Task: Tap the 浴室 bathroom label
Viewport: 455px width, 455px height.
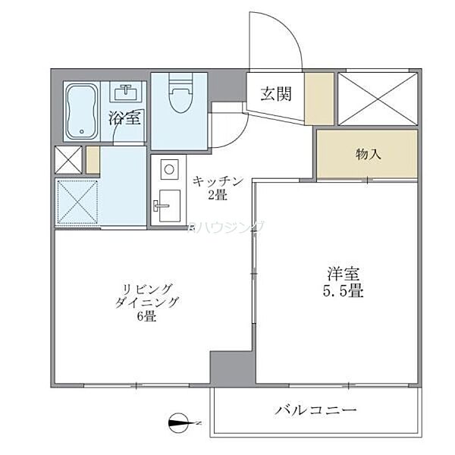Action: pos(124,118)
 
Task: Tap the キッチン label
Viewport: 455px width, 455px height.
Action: pos(218,180)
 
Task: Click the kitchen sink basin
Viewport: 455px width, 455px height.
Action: pos(167,207)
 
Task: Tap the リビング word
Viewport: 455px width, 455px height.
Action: pos(149,288)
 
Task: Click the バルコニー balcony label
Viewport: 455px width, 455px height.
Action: pos(315,412)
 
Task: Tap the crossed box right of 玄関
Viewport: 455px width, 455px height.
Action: pos(377,98)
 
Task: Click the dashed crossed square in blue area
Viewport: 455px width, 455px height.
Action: pos(78,201)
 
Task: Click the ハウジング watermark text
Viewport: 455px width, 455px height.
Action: pos(227,226)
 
